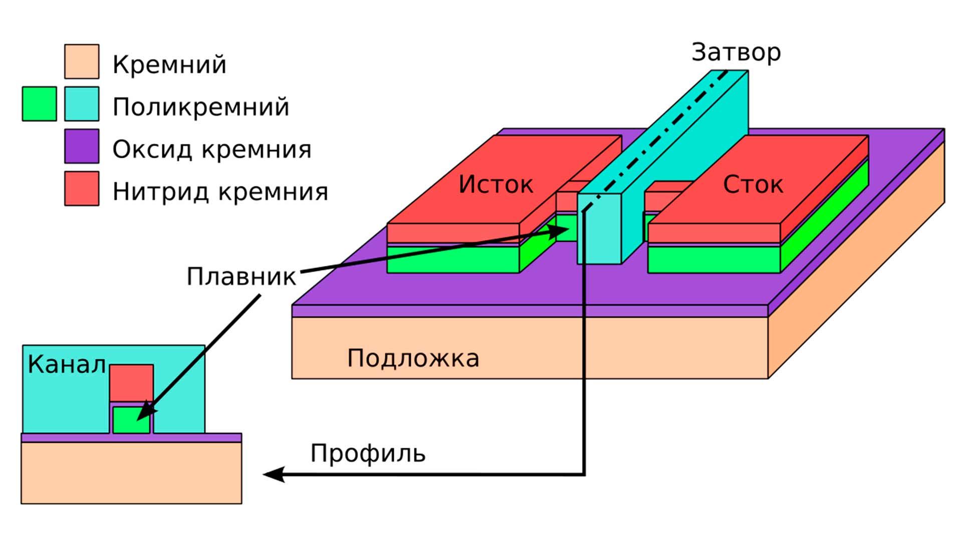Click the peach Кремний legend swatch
[82, 62]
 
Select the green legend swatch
[39, 104]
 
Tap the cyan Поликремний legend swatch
[82, 104]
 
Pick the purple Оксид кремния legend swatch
[82, 146]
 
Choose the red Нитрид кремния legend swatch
[82, 188]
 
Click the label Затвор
[736, 53]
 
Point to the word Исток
[496, 184]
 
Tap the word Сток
[753, 185]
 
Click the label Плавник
[241, 277]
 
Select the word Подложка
[413, 359]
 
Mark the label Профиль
[368, 454]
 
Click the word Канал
[67, 365]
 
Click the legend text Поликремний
[200, 107]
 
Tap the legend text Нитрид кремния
[220, 191]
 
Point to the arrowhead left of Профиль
[273, 474]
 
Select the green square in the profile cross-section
[131, 420]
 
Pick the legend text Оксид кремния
[211, 149]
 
